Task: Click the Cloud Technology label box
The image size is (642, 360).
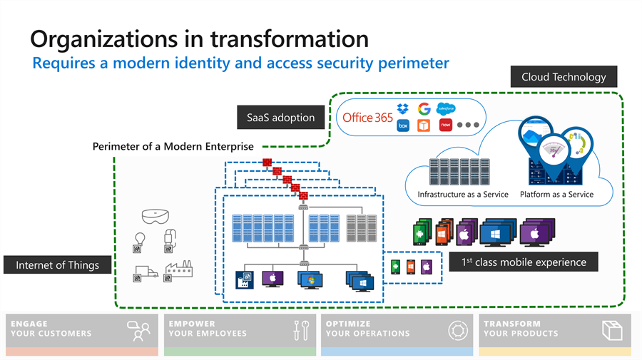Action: pyautogui.click(x=564, y=76)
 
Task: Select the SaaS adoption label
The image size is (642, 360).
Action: pyautogui.click(x=280, y=118)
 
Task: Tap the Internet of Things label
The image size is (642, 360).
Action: pyautogui.click(x=57, y=264)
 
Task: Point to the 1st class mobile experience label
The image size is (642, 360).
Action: pyautogui.click(x=524, y=262)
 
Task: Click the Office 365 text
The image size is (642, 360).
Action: pyautogui.click(x=367, y=118)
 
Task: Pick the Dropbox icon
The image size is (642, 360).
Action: pyautogui.click(x=403, y=109)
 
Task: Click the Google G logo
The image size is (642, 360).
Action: pyautogui.click(x=424, y=109)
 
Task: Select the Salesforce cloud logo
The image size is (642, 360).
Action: pyautogui.click(x=446, y=108)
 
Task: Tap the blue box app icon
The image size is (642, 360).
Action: pyautogui.click(x=403, y=125)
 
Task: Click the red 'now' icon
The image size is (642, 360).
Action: pyautogui.click(x=445, y=125)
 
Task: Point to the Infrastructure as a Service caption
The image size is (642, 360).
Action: pyautogui.click(x=463, y=195)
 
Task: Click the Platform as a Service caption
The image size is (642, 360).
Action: pyautogui.click(x=556, y=195)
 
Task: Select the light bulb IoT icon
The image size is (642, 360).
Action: pyautogui.click(x=140, y=239)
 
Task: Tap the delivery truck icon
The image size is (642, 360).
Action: pyautogui.click(x=146, y=272)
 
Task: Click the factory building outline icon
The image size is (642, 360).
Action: pyautogui.click(x=179, y=268)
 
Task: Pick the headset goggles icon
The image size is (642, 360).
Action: pyautogui.click(x=156, y=217)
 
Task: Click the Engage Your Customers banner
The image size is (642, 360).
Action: pyautogui.click(x=82, y=334)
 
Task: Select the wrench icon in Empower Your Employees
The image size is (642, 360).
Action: pyautogui.click(x=305, y=330)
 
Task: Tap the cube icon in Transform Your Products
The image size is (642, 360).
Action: pyautogui.click(x=612, y=330)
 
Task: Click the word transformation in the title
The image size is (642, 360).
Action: pyautogui.click(x=290, y=39)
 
